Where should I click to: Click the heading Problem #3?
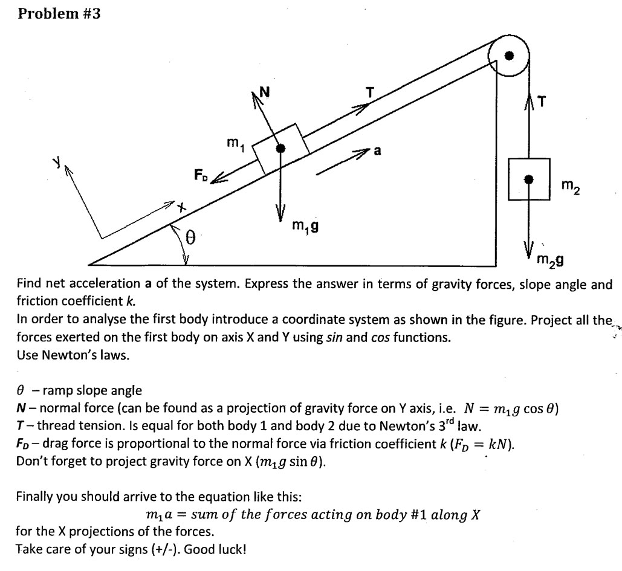coord(59,13)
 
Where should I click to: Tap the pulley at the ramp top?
coord(509,56)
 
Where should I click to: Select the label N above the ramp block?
coord(264,92)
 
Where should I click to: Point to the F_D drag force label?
coord(201,176)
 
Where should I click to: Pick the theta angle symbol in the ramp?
coord(190,239)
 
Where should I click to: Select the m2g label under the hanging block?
coord(551,260)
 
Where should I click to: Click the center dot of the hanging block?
coord(529,179)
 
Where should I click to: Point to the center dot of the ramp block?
coord(280,148)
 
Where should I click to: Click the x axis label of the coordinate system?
coord(181,207)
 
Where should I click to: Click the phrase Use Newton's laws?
coord(73,355)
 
